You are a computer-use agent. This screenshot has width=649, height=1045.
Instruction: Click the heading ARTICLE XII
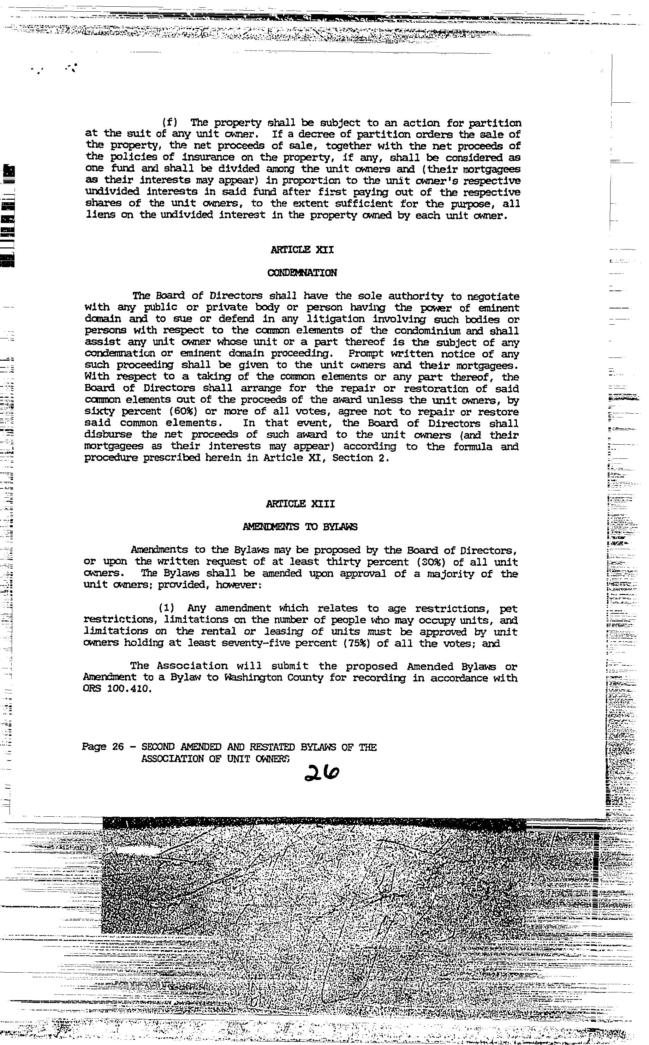(x=302, y=250)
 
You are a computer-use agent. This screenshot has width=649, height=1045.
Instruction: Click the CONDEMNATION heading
(x=302, y=273)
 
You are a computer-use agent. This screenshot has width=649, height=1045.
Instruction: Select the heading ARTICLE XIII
(x=300, y=504)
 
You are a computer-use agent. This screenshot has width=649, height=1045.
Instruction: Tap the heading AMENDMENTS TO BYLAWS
(x=300, y=527)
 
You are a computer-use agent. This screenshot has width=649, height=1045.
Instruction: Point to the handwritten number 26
(x=321, y=772)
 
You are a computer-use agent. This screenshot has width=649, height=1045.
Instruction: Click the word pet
(x=508, y=609)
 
